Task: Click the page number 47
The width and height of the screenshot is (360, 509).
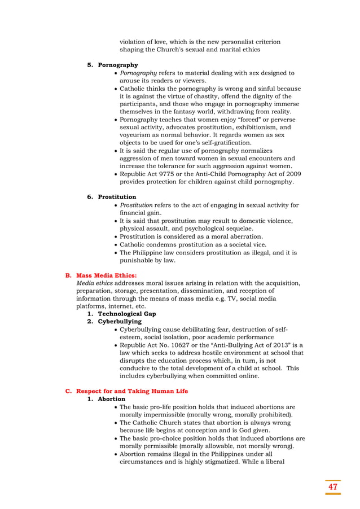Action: click(332, 486)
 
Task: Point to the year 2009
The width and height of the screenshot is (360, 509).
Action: click(284, 174)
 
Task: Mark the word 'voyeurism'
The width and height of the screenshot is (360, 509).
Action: click(138, 135)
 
